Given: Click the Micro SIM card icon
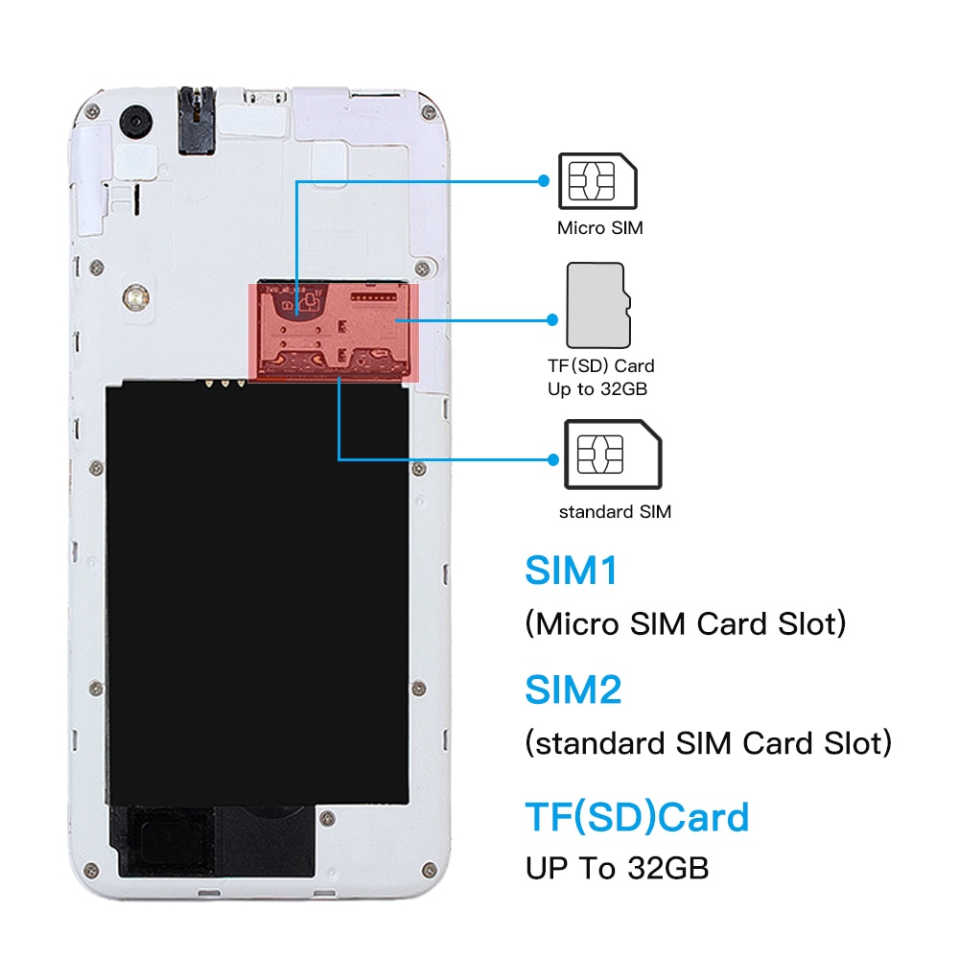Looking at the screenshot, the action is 597,181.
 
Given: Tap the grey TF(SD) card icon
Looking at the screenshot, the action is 598,306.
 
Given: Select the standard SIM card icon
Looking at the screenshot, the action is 613,455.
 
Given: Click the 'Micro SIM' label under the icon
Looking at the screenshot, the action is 600,228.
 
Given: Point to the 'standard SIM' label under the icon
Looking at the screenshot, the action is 615,511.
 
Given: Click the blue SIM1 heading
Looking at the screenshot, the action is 572,571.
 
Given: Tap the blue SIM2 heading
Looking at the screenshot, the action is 573,690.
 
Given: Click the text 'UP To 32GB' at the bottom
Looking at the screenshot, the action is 617,868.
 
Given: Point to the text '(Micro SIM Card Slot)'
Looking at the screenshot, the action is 686,624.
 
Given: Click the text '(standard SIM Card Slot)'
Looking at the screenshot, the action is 709,743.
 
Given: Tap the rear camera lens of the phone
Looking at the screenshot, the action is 136,121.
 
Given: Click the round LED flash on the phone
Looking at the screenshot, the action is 136,298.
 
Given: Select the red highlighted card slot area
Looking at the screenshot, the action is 334,333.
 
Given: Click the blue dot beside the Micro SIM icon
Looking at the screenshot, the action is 544,180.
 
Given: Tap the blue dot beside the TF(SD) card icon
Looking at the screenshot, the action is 552,319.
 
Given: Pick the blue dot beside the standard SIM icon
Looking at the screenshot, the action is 553,459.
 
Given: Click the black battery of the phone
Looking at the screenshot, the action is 257,594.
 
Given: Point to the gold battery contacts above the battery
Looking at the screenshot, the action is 225,384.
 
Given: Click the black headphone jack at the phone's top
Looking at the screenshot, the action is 197,121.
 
